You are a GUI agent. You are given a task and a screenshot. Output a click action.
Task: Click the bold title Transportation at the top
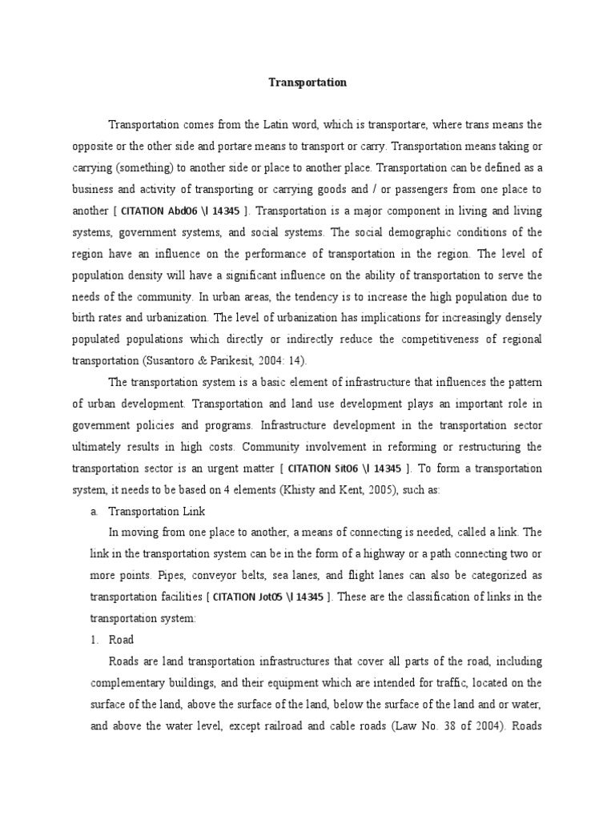pyautogui.click(x=307, y=82)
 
